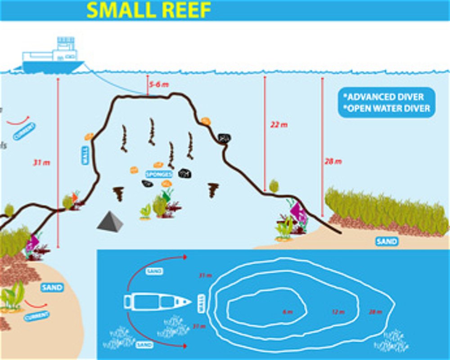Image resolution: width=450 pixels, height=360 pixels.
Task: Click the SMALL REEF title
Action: (x=148, y=10)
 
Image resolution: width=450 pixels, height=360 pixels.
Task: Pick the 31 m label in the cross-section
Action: (x=41, y=162)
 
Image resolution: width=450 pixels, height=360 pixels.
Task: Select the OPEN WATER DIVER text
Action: (x=387, y=108)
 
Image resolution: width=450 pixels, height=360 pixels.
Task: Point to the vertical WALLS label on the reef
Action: (x=85, y=153)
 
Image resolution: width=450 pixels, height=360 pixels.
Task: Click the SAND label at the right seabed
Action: (x=387, y=242)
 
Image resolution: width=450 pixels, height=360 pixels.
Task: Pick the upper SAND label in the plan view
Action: (x=154, y=272)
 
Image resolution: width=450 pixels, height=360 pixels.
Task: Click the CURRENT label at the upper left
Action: (x=24, y=131)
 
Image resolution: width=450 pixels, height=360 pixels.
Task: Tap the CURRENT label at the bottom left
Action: (x=37, y=316)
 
